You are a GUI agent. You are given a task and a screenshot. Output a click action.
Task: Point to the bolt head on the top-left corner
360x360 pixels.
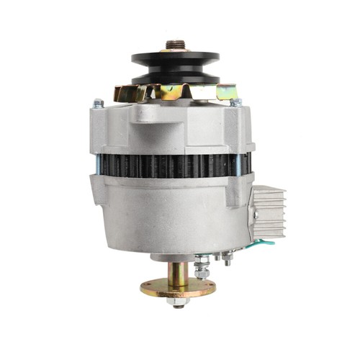99,104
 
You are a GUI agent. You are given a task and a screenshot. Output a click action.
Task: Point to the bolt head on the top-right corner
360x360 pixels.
235,102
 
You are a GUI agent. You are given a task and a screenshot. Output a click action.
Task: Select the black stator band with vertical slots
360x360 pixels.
173,164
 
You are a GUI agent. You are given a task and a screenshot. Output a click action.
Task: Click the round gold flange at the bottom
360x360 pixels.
178,290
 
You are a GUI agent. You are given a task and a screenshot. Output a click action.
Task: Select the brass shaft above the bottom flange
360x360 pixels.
177,272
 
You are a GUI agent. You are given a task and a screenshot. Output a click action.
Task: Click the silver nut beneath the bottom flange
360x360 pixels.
177,302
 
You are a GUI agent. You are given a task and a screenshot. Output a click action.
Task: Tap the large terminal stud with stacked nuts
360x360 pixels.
204,265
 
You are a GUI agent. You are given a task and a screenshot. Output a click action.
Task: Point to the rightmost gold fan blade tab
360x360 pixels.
229,92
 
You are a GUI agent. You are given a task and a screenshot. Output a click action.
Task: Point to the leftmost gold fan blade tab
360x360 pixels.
122,94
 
